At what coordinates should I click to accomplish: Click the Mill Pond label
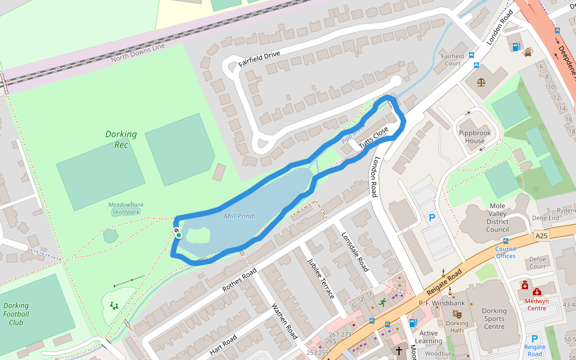click(239, 216)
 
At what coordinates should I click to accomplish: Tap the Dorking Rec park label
click(121, 139)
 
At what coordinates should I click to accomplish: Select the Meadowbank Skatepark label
click(126, 208)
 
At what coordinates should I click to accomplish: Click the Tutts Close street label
click(374, 138)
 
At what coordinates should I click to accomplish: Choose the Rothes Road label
click(239, 280)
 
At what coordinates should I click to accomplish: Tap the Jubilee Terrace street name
click(320, 279)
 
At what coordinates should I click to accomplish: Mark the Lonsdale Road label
click(355, 251)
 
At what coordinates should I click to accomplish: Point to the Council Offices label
click(505, 252)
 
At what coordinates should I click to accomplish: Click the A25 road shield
click(542, 237)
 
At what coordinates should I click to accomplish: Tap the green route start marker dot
click(179, 235)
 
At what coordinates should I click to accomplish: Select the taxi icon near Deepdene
click(527, 52)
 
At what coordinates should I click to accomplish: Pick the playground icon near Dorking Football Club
click(114, 305)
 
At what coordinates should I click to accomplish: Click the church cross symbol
click(398, 350)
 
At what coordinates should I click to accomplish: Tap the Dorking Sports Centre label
click(494, 319)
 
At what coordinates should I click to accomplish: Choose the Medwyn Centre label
click(536, 304)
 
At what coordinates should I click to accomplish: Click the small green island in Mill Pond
click(198, 236)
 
